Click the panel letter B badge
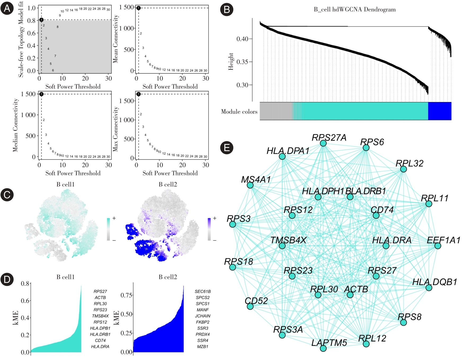[227, 10]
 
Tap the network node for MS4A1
[250, 185]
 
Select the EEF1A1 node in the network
[438, 246]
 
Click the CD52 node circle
[250, 306]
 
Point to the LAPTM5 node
[323, 348]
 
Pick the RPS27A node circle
[323, 143]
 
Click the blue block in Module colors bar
[440, 111]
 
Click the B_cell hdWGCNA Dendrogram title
[355, 10]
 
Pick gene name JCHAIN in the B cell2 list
[203, 316]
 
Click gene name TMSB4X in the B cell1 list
[100, 316]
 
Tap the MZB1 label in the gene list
[203, 346]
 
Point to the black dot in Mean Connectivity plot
[138, 8]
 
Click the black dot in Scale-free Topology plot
[41, 20]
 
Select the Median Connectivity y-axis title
[15, 125]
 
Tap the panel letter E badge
[227, 148]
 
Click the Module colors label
[239, 112]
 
